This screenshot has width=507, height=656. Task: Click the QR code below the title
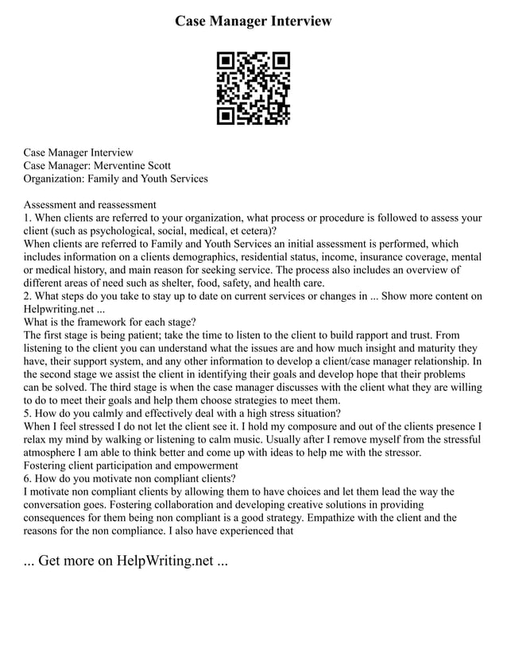(x=253, y=88)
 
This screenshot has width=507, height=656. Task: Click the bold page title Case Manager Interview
(x=253, y=21)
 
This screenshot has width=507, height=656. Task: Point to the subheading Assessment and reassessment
(x=90, y=204)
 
